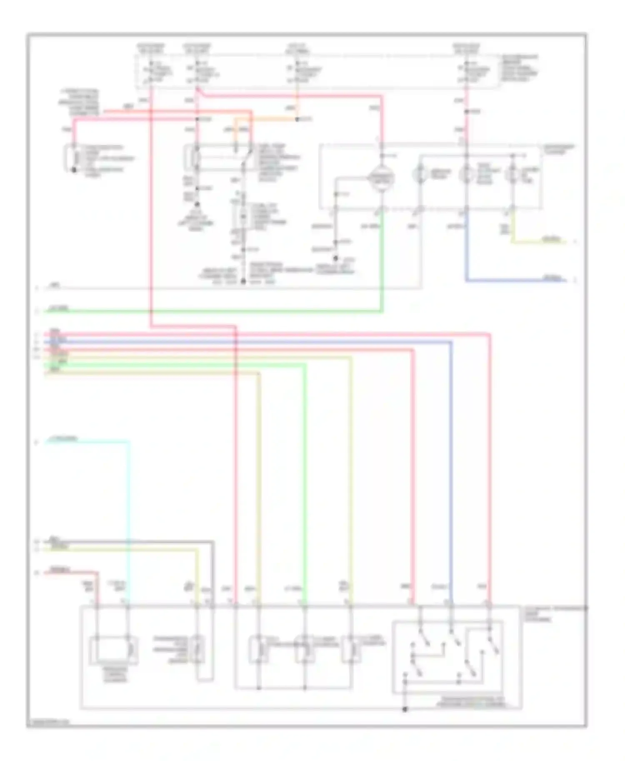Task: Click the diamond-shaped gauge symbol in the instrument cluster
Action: pyautogui.click(x=380, y=178)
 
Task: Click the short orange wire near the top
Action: pyautogui.click(x=267, y=119)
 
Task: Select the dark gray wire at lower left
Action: pyautogui.click(x=125, y=542)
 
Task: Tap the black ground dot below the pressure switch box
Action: pyautogui.click(x=405, y=709)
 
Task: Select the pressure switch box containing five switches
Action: pyautogui.click(x=447, y=657)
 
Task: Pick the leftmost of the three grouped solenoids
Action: pyautogui.click(x=258, y=650)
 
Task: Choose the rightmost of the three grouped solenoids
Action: pyautogui.click(x=350, y=650)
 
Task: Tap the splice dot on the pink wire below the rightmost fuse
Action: pyautogui.click(x=466, y=112)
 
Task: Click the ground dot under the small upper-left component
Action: pyautogui.click(x=74, y=170)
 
